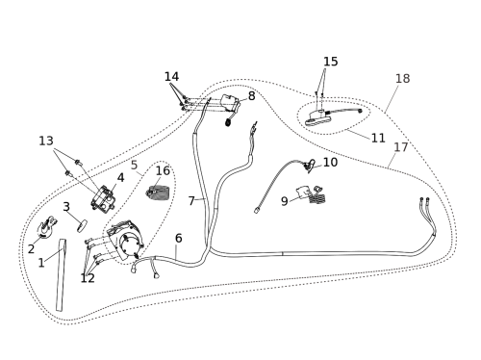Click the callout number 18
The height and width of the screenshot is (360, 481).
402,78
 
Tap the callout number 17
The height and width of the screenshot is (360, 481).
401,147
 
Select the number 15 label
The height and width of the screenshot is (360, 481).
331,62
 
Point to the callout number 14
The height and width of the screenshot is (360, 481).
171,76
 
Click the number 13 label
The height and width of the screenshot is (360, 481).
46,141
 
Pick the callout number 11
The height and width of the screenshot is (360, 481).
378,138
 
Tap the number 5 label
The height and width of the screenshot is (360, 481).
134,165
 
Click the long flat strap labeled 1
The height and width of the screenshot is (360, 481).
61,274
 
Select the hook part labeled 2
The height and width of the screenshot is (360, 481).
47,226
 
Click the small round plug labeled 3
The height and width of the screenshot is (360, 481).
82,225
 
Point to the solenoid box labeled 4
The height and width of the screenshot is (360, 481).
103,199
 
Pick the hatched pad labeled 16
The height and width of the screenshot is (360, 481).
159,193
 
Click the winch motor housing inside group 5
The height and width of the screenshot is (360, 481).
126,241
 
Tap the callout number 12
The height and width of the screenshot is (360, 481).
88,278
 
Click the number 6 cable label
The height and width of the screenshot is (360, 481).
179,238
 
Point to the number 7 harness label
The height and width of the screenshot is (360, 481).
191,201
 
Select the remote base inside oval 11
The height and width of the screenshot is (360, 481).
318,117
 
